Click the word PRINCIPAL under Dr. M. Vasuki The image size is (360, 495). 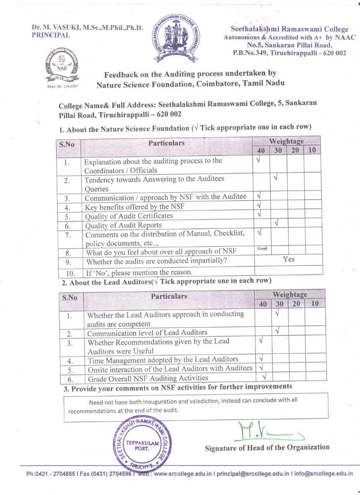tap(51, 35)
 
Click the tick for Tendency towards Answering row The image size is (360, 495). tap(276, 178)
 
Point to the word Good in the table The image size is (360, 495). tap(262, 248)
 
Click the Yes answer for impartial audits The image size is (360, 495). tap(288, 259)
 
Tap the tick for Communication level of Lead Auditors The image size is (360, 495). tap(277, 331)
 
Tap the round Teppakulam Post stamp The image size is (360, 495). tap(142, 444)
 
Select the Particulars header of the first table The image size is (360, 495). tap(166, 143)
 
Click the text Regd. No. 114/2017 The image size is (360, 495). tap(62, 86)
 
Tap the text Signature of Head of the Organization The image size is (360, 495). tap(267, 447)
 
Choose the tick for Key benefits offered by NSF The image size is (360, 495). tap(259, 205)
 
